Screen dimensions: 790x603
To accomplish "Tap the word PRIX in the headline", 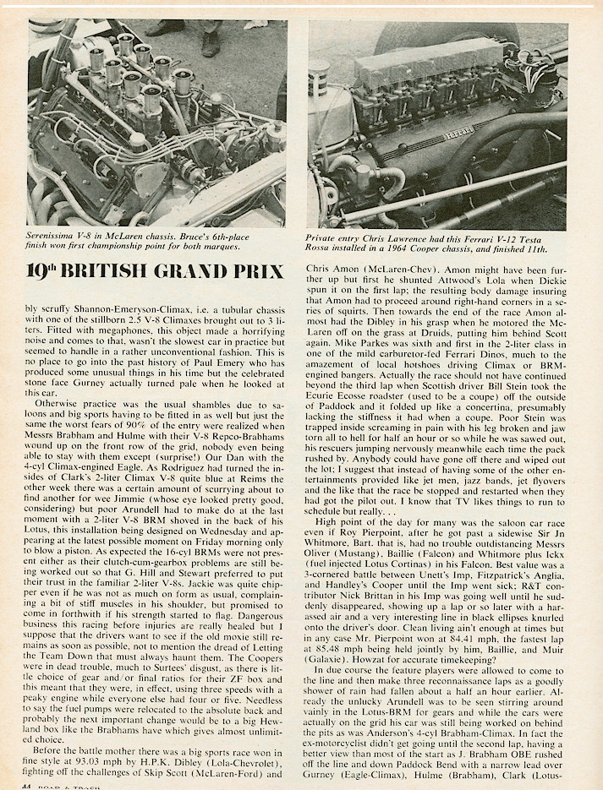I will (x=269, y=273).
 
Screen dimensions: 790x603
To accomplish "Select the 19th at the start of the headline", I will (x=47, y=271).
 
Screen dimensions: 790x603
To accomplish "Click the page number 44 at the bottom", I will (x=36, y=783).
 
